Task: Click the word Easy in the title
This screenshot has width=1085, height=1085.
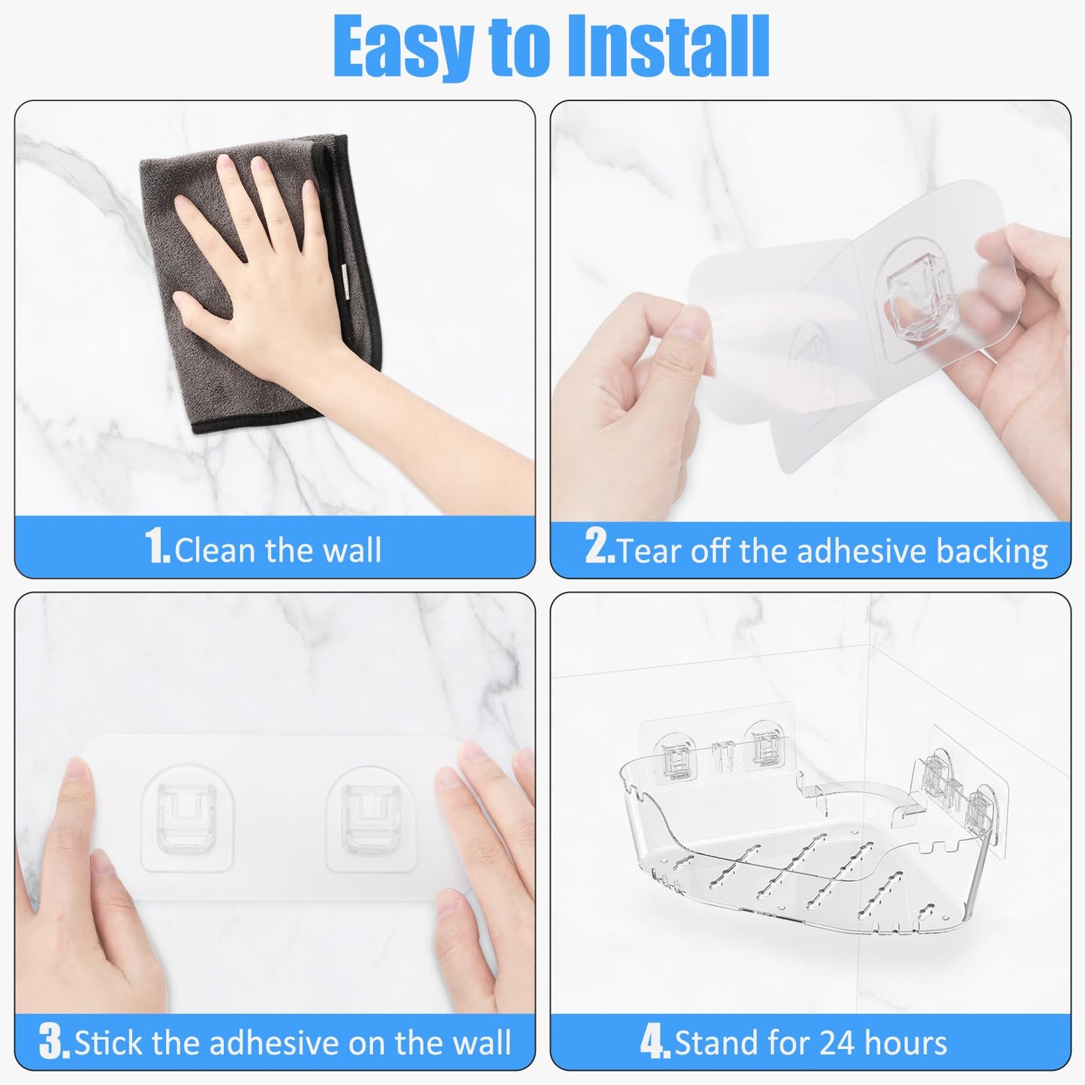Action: point(402,47)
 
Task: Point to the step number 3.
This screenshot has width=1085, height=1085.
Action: point(54,1042)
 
